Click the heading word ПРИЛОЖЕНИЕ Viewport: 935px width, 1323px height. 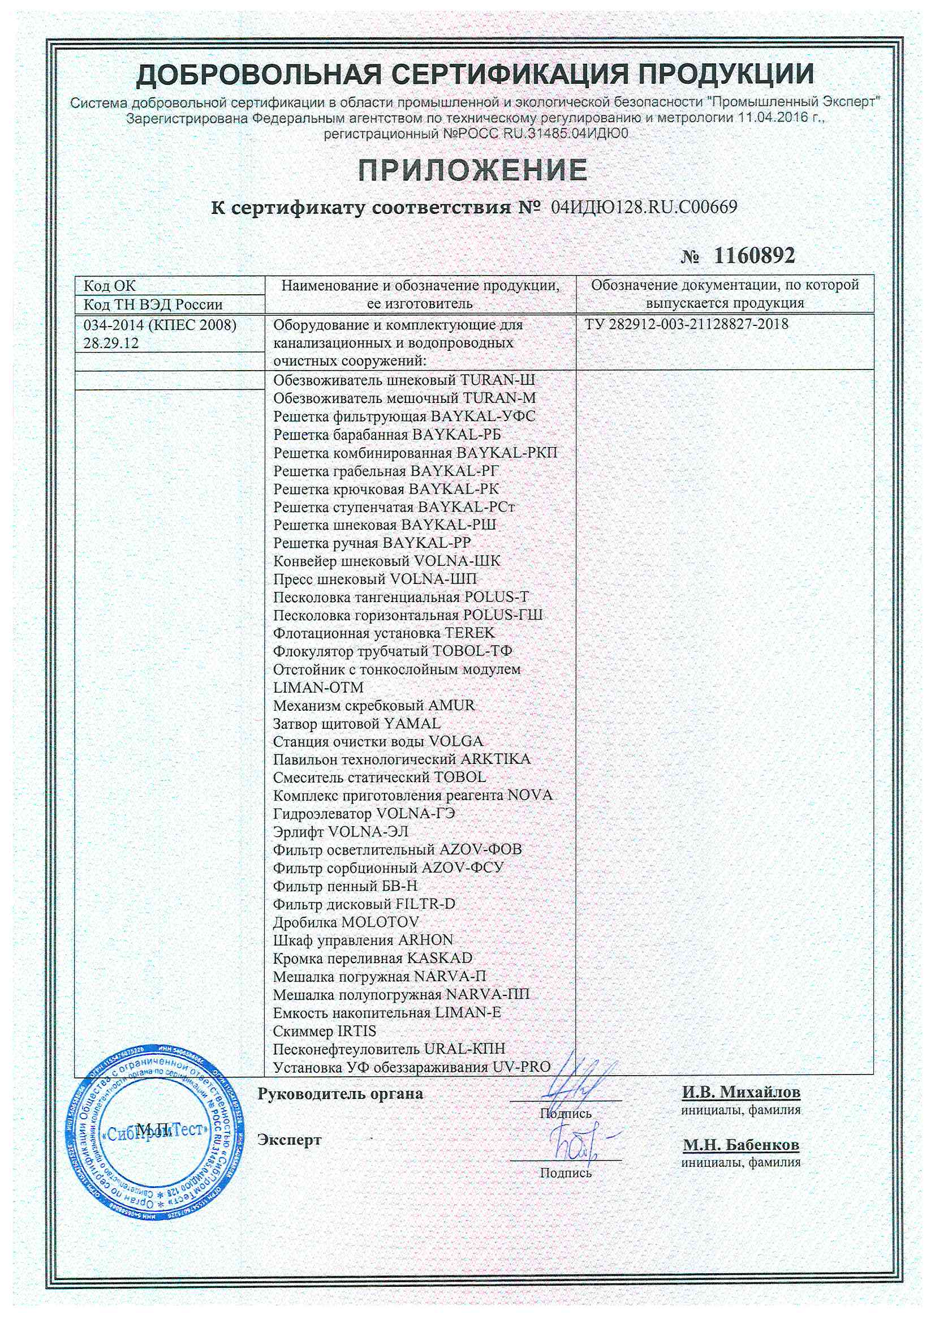pyautogui.click(x=472, y=170)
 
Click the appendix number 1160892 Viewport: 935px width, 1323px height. pyautogui.click(x=753, y=255)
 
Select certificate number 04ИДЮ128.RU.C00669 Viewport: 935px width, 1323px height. pyautogui.click(x=644, y=208)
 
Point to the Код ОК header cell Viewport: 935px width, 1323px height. pyautogui.click(x=110, y=286)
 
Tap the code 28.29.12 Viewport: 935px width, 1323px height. pyautogui.click(x=111, y=343)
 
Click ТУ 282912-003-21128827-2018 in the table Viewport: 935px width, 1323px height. pyautogui.click(x=686, y=324)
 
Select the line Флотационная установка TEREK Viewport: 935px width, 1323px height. pyautogui.click(x=384, y=633)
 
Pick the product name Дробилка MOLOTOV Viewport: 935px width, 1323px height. pyautogui.click(x=346, y=922)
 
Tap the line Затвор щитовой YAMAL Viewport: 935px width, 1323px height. pyautogui.click(x=356, y=723)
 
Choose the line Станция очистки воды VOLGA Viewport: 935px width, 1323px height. pyautogui.click(x=378, y=742)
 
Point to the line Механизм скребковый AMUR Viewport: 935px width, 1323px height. pyautogui.click(x=374, y=705)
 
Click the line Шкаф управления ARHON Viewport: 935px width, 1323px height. pyautogui.click(x=363, y=940)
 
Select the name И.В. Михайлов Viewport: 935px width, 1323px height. pyautogui.click(x=741, y=1093)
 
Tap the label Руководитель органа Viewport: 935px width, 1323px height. pyautogui.click(x=340, y=1094)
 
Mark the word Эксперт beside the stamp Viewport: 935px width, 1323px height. pyautogui.click(x=289, y=1140)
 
